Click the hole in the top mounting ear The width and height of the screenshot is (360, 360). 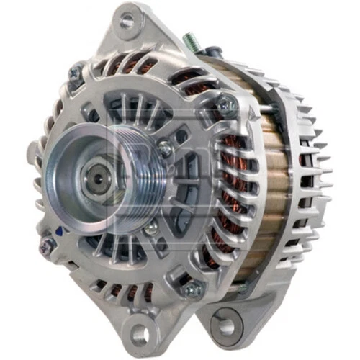(127, 20)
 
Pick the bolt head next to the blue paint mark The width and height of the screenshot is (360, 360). (48, 246)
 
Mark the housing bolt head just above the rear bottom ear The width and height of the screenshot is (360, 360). (192, 289)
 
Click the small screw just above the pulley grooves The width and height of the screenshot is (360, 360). (166, 148)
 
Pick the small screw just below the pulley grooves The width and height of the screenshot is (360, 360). (152, 229)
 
